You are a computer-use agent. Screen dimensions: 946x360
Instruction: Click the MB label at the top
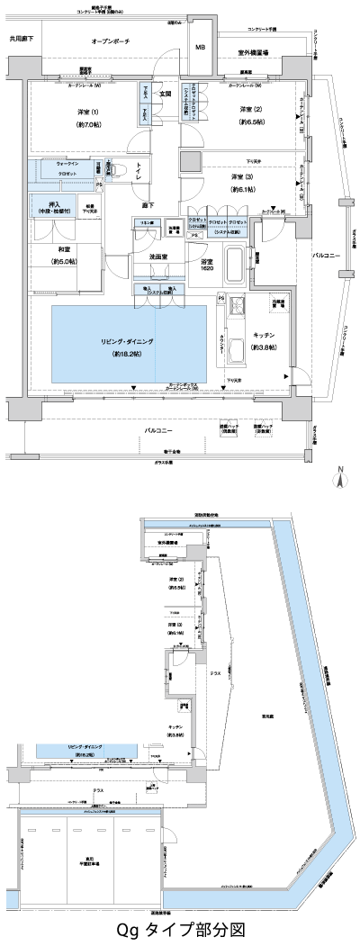pos(201,48)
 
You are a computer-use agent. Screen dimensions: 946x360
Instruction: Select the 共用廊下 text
pos(22,39)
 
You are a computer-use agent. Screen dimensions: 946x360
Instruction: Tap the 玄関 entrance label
pos(166,93)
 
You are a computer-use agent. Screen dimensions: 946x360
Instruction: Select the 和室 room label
pos(58,257)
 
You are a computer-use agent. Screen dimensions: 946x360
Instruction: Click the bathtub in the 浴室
pos(233,266)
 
